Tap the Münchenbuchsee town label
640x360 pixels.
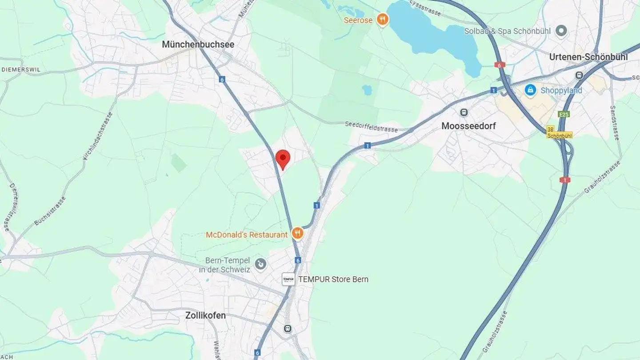coord(198,44)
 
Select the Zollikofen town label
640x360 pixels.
coord(205,316)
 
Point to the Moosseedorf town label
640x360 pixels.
coord(468,126)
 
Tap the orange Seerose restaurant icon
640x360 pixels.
coord(382,20)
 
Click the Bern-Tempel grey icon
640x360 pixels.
coord(260,264)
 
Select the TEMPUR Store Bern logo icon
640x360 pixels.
coord(288,279)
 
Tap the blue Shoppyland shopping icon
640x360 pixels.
coord(530,90)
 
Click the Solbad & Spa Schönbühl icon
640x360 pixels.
coord(562,31)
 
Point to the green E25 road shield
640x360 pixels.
coord(564,114)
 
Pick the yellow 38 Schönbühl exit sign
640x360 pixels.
coord(559,132)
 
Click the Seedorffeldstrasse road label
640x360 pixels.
coord(371,127)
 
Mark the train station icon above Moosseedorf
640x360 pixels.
coord(464,112)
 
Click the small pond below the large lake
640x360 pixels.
coord(367,90)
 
